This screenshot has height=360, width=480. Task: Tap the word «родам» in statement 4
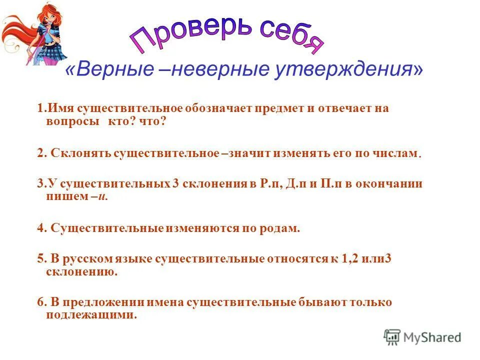tap(279, 228)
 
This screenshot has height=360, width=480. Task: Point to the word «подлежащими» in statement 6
tap(91, 315)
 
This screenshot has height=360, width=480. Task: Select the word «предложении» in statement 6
tap(97, 302)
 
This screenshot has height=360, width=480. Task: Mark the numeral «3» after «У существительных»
tap(175, 183)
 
